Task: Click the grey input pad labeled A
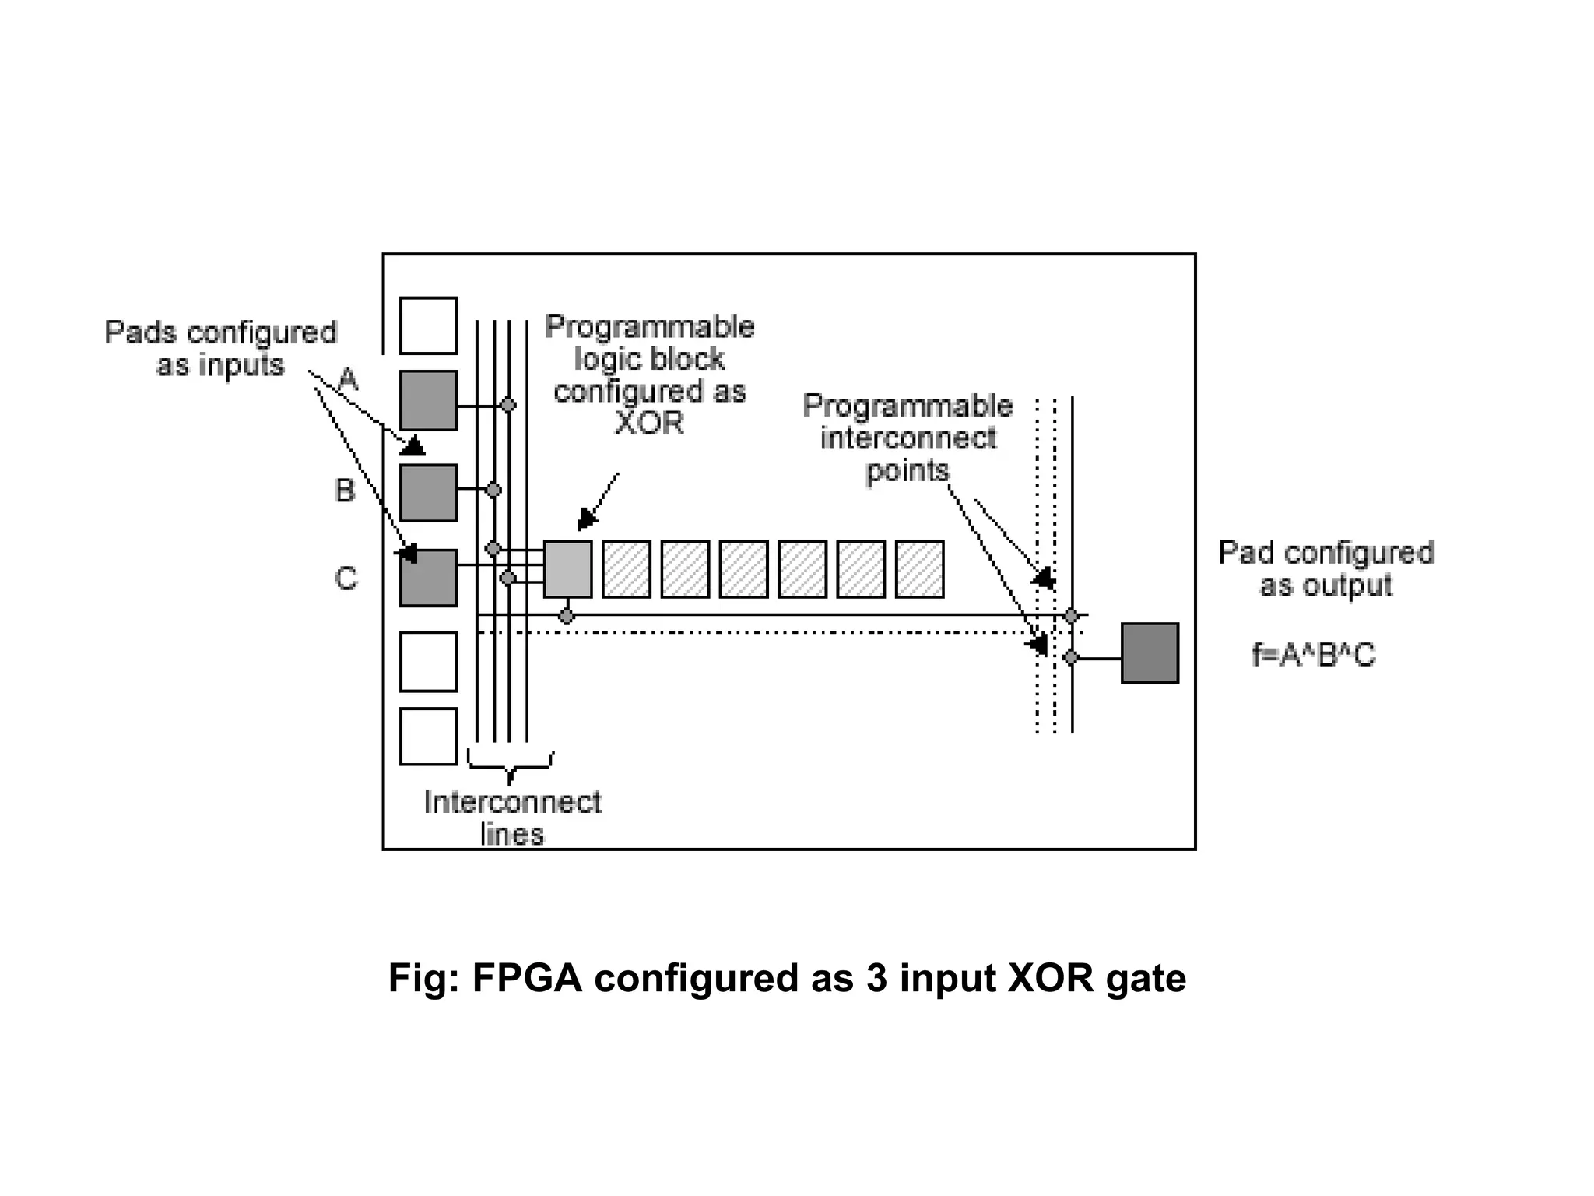click(428, 400)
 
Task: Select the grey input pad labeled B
click(428, 492)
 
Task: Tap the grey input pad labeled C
click(428, 578)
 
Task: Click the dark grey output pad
click(1150, 653)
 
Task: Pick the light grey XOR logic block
click(567, 569)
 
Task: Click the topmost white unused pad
click(428, 325)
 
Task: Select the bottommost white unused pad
click(428, 736)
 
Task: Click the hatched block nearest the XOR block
click(627, 569)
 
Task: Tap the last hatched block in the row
click(919, 569)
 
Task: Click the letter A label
click(348, 379)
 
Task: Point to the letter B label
click(344, 491)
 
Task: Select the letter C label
click(346, 579)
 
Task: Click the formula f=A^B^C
click(1313, 655)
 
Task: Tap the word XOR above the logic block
click(649, 424)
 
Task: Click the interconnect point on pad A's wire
click(508, 405)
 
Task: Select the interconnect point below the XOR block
click(567, 617)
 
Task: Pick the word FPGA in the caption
click(527, 978)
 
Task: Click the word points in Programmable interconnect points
click(908, 471)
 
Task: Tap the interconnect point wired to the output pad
click(1071, 658)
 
